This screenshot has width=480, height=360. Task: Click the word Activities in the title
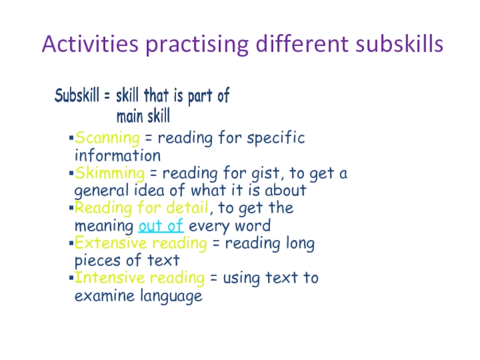(91, 44)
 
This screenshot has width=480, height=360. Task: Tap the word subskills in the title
(400, 44)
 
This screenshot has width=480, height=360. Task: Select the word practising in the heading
(197, 45)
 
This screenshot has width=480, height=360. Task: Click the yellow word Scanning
(107, 138)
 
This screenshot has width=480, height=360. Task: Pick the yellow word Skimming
(110, 173)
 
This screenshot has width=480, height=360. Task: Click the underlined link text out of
(161, 226)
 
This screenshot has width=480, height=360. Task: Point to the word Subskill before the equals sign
(77, 95)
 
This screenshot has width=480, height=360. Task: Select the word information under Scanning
(118, 155)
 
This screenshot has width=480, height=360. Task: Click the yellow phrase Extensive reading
(141, 244)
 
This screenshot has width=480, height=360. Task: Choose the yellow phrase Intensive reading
(140, 278)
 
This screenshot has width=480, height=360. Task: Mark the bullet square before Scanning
(71, 138)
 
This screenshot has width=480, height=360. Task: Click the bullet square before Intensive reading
(71, 278)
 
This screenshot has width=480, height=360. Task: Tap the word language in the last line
(171, 296)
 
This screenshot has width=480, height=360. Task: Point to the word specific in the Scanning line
(276, 138)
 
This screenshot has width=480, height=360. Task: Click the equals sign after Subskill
(107, 95)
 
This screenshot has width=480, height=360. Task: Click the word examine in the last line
(104, 296)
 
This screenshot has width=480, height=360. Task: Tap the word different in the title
(302, 44)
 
